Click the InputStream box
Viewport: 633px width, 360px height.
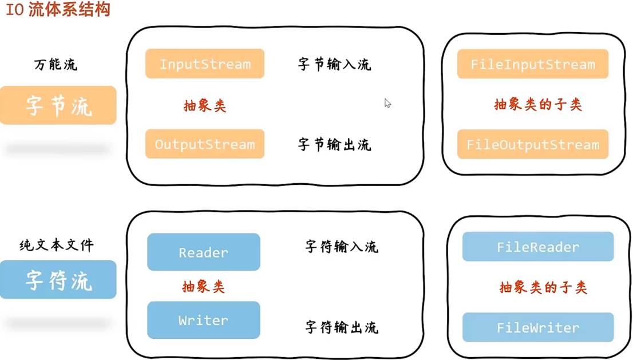click(204, 64)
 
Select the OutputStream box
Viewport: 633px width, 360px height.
click(204, 144)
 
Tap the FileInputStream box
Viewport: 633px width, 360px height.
click(532, 64)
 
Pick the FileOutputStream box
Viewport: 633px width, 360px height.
click(532, 144)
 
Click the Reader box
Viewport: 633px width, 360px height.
click(203, 252)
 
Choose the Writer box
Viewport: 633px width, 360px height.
click(203, 320)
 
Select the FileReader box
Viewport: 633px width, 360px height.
click(537, 247)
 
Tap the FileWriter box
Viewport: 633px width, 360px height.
click(537, 328)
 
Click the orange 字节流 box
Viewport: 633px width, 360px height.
click(58, 105)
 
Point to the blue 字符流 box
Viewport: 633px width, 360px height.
click(58, 279)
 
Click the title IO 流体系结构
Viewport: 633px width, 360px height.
click(57, 10)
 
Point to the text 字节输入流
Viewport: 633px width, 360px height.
click(334, 64)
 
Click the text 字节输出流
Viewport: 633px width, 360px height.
click(334, 144)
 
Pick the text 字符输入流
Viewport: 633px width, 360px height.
click(341, 247)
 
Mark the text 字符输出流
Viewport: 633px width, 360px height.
click(341, 327)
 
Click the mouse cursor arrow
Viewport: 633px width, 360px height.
click(387, 102)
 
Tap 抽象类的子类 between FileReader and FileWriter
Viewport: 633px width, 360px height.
click(543, 287)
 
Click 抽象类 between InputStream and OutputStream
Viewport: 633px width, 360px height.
click(204, 105)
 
